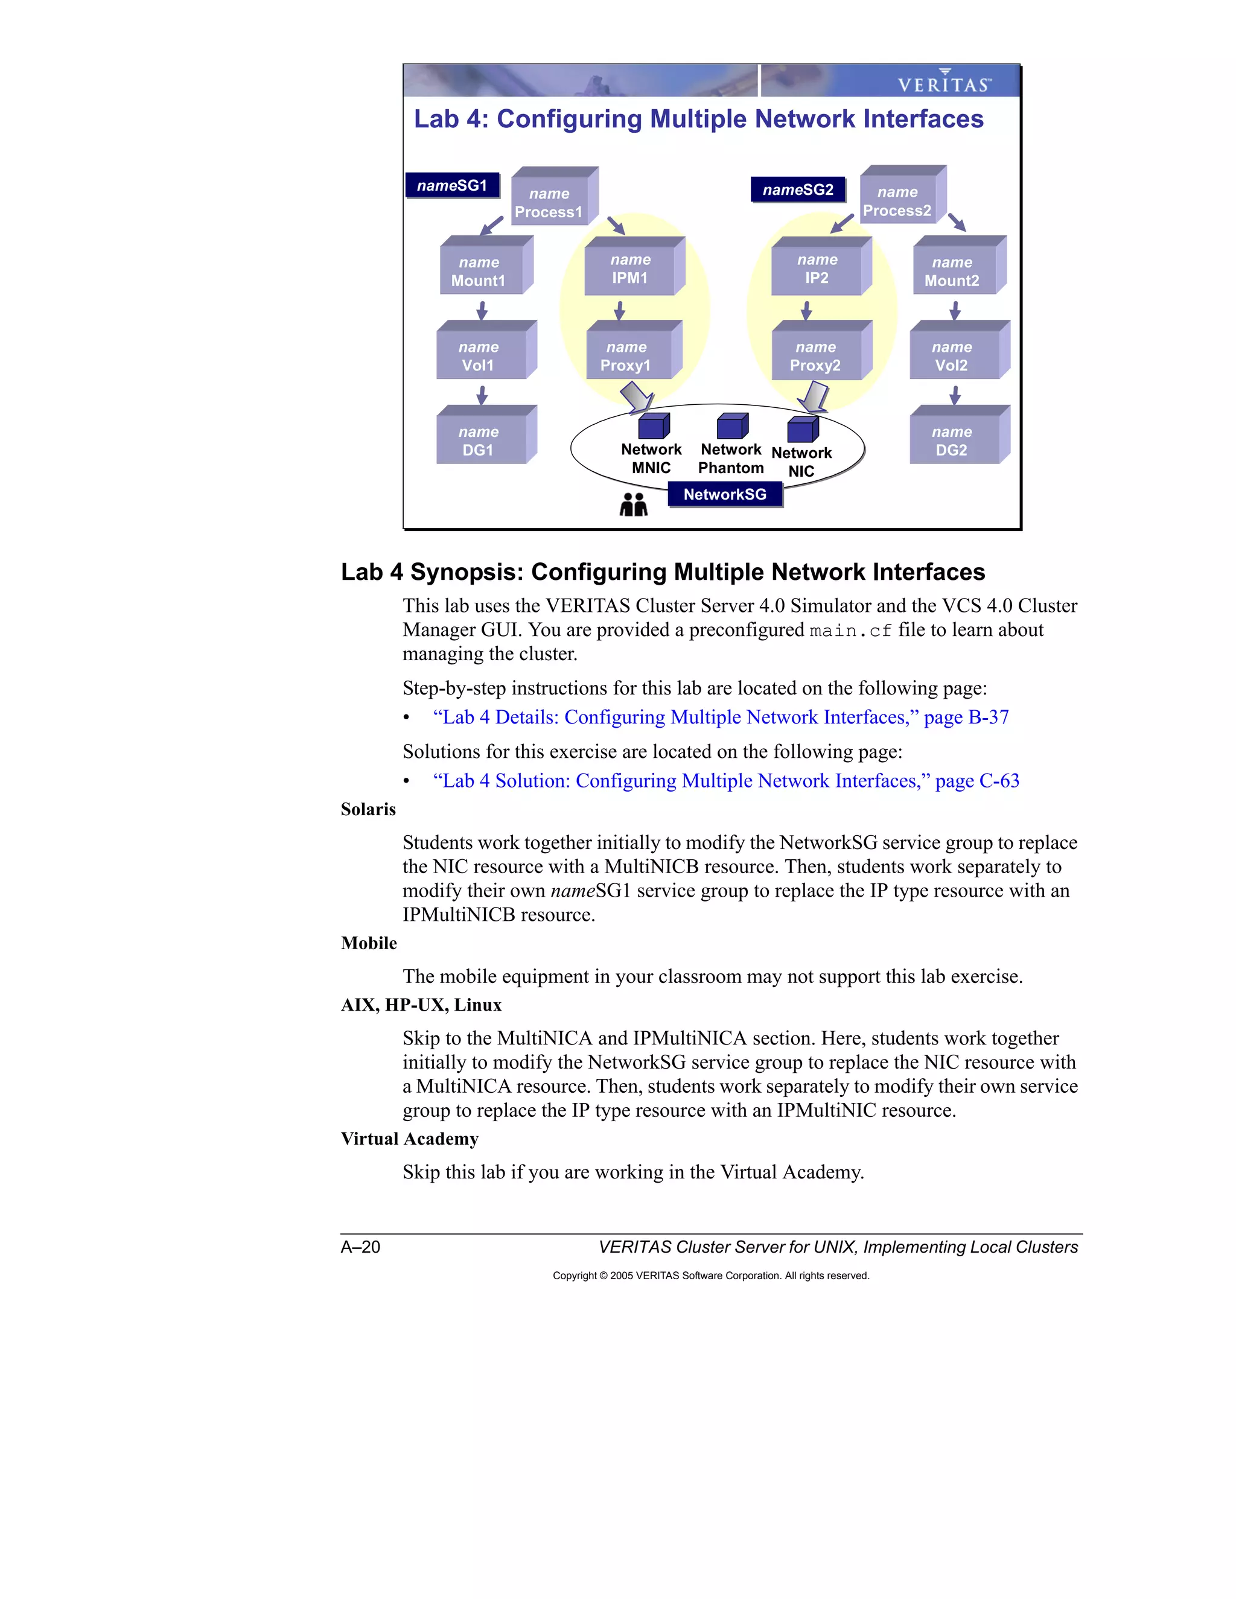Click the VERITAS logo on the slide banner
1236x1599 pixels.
coord(944,83)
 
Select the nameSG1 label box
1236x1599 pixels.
coord(453,186)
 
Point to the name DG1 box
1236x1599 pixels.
coord(480,440)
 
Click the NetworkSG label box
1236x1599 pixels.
coord(725,495)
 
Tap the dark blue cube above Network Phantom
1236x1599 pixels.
coord(731,426)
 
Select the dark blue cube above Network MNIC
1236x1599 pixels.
coord(653,426)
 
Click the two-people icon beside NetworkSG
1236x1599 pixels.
coord(634,504)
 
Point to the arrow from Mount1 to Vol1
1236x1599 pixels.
coord(482,310)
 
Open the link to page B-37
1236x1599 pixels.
coord(721,717)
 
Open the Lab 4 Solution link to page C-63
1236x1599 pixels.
coord(725,781)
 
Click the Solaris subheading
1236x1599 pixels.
coord(368,810)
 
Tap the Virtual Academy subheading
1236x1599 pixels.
coord(409,1139)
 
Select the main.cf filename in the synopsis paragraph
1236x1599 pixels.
coord(850,631)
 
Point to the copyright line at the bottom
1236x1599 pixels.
coord(710,1276)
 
